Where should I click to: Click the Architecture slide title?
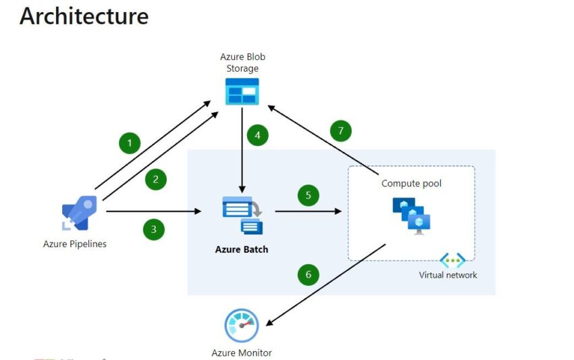click(84, 16)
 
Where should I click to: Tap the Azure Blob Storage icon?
click(242, 91)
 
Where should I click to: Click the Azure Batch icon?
click(242, 215)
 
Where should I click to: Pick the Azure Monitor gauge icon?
click(241, 326)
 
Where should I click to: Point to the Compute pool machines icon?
click(411, 215)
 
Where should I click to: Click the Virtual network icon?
click(452, 260)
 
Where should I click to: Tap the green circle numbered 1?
click(129, 143)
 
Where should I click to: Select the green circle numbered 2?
click(155, 179)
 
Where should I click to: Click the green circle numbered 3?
click(153, 229)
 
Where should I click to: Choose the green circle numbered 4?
click(257, 135)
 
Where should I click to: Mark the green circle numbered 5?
click(308, 195)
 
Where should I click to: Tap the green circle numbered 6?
click(308, 274)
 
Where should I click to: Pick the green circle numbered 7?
click(340, 130)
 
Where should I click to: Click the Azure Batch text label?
click(242, 249)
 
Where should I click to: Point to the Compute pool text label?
click(411, 183)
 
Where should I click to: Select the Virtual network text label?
click(448, 275)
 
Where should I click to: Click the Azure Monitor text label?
click(242, 353)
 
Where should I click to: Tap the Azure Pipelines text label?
click(75, 244)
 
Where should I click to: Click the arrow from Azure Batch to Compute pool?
click(308, 211)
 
